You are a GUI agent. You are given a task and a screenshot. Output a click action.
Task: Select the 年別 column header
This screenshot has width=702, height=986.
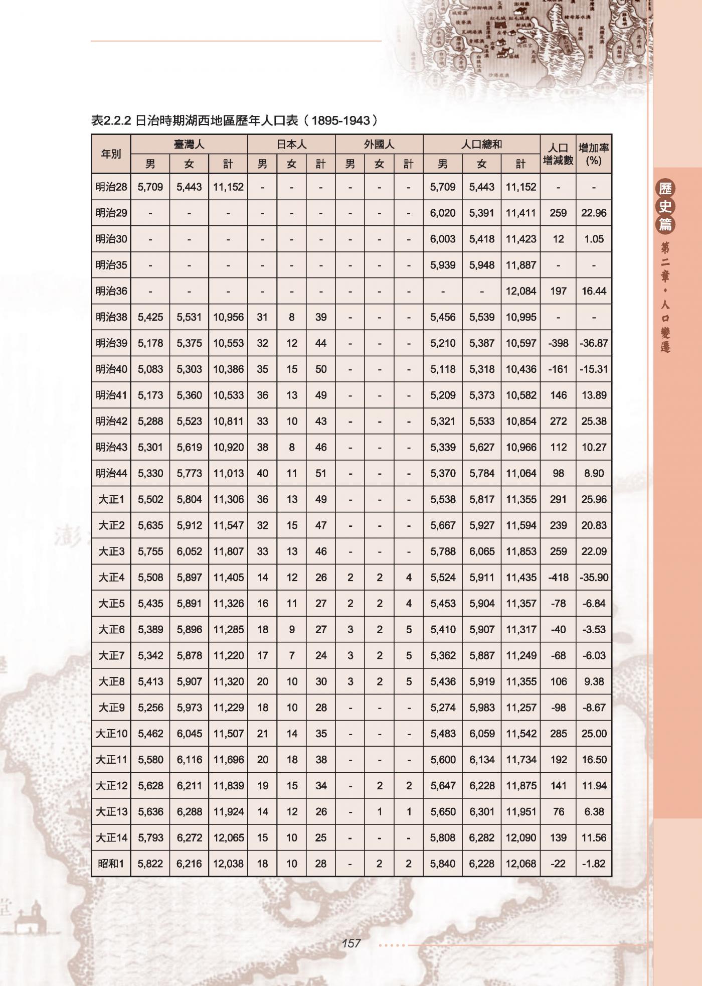(x=111, y=154)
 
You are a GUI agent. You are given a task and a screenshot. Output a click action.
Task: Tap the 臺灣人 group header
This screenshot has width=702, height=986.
(x=189, y=145)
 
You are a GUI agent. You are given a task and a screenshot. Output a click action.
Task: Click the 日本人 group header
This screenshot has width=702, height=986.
(x=291, y=145)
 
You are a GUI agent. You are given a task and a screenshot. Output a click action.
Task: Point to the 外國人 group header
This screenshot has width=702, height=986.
(x=379, y=145)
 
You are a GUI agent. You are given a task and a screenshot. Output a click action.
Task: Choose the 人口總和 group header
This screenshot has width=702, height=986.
(x=481, y=145)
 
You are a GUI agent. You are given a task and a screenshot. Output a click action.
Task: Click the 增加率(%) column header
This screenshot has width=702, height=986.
(x=594, y=154)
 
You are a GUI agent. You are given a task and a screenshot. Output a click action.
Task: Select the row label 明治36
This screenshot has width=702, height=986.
(x=111, y=291)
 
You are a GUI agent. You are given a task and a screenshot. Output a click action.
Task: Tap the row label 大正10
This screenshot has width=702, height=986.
(x=111, y=734)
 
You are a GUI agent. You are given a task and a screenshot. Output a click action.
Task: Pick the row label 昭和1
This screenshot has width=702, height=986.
(x=111, y=864)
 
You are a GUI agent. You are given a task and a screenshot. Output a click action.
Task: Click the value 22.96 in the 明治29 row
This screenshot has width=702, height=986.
(x=594, y=213)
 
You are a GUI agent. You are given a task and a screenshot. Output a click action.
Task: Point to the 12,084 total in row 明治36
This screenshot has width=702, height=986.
(x=520, y=291)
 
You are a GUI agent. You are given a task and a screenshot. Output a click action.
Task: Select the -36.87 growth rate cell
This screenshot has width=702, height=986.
(x=594, y=343)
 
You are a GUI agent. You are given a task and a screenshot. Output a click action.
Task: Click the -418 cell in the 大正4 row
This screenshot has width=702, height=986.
(x=558, y=578)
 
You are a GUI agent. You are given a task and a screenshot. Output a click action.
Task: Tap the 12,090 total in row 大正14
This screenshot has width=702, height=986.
(x=520, y=837)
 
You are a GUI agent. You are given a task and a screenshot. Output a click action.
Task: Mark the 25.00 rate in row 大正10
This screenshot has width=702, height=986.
(x=594, y=734)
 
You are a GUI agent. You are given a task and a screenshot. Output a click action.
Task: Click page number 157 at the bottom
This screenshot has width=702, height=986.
(x=351, y=943)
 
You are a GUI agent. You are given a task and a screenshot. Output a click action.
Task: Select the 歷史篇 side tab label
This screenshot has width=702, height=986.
(x=665, y=206)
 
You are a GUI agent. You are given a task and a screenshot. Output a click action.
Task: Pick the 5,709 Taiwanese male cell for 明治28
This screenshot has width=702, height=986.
(x=150, y=187)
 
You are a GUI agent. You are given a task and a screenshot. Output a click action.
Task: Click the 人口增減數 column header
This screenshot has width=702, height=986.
(x=558, y=154)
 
